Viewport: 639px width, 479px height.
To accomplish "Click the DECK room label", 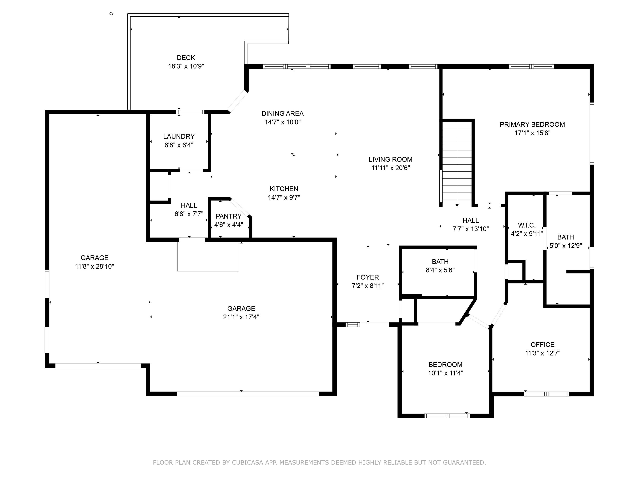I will click(x=186, y=58).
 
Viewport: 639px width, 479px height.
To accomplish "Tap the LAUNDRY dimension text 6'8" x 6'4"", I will click(x=179, y=145).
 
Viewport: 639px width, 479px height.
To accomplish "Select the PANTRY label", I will click(x=229, y=216).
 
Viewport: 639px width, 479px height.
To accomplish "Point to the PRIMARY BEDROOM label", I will click(x=532, y=125).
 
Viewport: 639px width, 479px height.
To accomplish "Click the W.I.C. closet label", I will click(x=527, y=225).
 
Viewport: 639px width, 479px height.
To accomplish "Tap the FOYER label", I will click(x=367, y=277).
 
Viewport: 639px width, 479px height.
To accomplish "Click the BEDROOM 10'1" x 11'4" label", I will click(x=445, y=365).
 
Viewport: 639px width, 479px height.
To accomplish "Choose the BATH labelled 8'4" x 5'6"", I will click(x=440, y=262).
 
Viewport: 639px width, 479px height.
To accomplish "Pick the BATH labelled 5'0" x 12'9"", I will click(x=565, y=237).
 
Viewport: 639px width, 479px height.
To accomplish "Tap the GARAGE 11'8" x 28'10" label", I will click(x=94, y=258).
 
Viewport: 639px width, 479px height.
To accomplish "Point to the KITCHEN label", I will click(x=284, y=189).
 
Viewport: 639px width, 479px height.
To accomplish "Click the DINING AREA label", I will click(x=282, y=113).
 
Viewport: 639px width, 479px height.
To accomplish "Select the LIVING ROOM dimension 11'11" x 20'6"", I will click(x=391, y=168).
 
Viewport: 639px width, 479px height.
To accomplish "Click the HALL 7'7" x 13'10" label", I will click(x=471, y=220).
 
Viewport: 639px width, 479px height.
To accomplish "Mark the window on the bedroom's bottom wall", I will click(x=447, y=416).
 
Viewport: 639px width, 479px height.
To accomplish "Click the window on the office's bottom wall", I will click(x=546, y=394).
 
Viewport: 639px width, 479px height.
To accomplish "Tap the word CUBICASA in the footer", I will click(x=247, y=463).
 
